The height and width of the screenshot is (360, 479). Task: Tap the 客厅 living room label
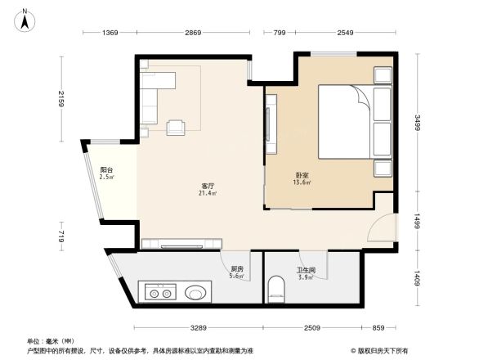pos(208,186)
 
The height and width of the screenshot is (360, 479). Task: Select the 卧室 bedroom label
pos(302,174)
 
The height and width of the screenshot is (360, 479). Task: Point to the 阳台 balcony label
pos(106,169)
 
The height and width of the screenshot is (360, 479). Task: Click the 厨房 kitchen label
pos(237,268)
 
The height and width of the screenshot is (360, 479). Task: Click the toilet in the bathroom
pos(277,288)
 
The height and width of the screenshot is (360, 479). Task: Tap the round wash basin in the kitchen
pos(196,291)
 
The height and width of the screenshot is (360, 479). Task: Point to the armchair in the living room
pos(176,126)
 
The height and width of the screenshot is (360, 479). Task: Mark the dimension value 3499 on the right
pos(417,123)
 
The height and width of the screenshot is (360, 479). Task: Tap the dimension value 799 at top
pos(279,32)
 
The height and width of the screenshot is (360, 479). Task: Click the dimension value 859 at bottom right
pos(377,327)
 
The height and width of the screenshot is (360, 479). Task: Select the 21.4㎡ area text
pos(208,193)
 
